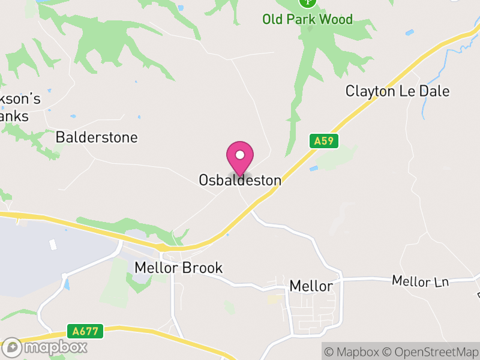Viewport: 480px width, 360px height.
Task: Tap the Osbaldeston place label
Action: coord(240,180)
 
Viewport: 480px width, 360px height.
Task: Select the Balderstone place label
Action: coord(97,137)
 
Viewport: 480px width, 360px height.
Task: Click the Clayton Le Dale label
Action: coord(397,91)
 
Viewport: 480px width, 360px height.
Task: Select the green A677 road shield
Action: coord(86,331)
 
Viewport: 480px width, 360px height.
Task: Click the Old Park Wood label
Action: coord(307,20)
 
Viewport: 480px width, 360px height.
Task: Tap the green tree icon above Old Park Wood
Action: coord(307,2)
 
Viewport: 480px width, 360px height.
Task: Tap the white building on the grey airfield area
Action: coord(53,244)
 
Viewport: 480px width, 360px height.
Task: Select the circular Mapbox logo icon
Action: coord(11,347)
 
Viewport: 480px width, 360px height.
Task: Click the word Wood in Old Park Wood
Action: coord(335,20)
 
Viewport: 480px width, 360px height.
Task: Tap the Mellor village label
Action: coord(311,286)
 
